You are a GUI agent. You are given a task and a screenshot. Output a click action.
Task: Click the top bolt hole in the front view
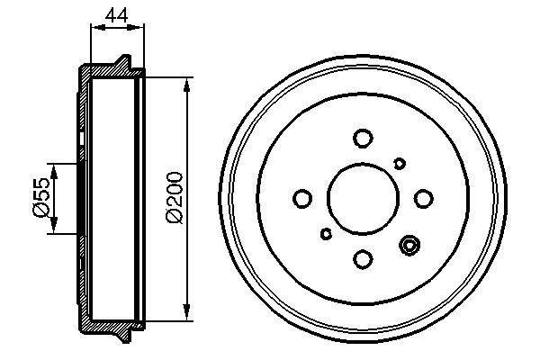[363, 138]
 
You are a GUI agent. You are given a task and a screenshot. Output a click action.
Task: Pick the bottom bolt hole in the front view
[363, 259]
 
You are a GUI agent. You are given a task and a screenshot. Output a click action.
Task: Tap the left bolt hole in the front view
[302, 198]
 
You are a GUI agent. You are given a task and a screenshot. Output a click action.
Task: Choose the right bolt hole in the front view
[423, 198]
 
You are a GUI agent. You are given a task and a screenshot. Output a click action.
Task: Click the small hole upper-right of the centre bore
[400, 162]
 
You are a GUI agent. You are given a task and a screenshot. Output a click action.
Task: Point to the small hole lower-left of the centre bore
[326, 235]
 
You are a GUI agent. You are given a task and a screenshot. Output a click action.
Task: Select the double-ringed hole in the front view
[411, 245]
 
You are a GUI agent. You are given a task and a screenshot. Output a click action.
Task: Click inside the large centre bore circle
[363, 199]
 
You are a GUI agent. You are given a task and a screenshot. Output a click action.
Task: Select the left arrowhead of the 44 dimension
[94, 27]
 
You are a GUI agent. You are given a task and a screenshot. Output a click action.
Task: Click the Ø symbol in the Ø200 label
[175, 219]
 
